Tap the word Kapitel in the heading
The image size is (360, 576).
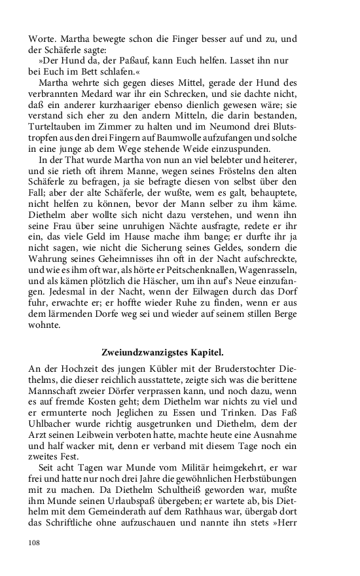point(207,353)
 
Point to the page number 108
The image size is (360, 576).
point(34,542)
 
